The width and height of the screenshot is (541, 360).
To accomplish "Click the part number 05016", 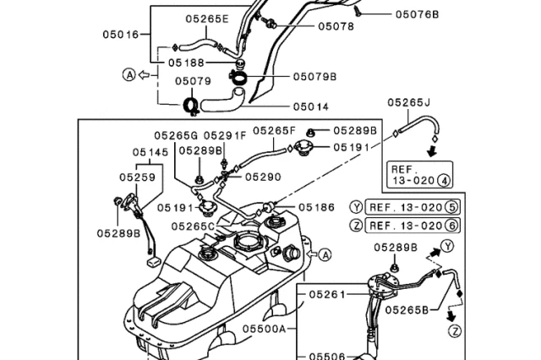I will [121, 35].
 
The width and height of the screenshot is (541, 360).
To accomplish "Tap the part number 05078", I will [312, 26].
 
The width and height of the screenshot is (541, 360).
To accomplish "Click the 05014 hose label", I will [312, 106].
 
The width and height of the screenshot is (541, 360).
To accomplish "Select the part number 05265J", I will [409, 103].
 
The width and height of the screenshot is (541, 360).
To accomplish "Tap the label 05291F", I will [225, 134].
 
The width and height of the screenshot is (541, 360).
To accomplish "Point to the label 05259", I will [136, 177].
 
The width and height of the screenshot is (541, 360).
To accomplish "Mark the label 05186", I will [316, 205].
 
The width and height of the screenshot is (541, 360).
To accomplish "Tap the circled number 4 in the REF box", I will [444, 180].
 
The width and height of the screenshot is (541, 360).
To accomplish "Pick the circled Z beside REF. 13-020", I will [357, 226].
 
